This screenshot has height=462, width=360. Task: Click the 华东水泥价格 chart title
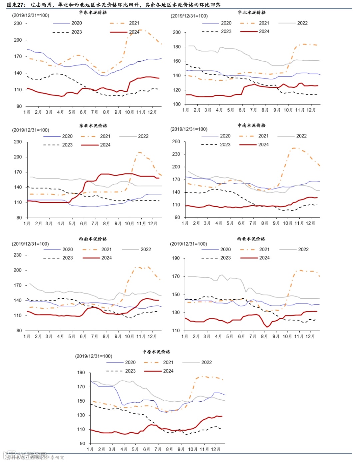pos(93,12)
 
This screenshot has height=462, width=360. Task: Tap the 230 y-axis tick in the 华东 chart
pos(18,23)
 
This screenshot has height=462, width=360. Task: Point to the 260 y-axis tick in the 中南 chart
pos(176,141)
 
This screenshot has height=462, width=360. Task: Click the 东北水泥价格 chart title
pos(93,126)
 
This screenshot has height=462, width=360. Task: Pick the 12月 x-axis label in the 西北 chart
pos(310,336)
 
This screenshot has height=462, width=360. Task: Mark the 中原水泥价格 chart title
pos(156,352)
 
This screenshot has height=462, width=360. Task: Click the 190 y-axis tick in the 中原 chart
pos(81,373)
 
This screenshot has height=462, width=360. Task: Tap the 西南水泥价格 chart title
pos(93,239)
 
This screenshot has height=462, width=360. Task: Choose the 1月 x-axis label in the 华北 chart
pos(186,110)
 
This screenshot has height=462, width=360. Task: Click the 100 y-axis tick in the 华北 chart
pos(177,104)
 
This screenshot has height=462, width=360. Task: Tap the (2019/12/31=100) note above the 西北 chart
pos(189,244)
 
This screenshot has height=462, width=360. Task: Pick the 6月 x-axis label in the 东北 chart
pos(83,223)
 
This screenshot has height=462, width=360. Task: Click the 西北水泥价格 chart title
pos(251,239)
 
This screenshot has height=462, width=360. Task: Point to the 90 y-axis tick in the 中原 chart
pos(82,443)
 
